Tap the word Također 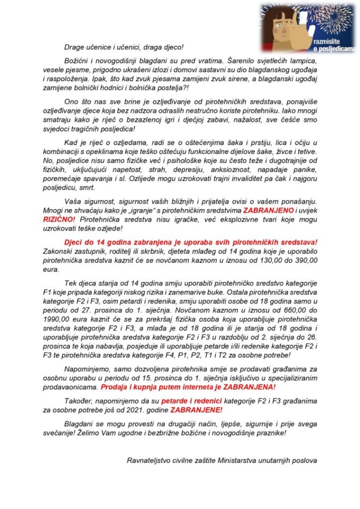click(80, 402)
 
